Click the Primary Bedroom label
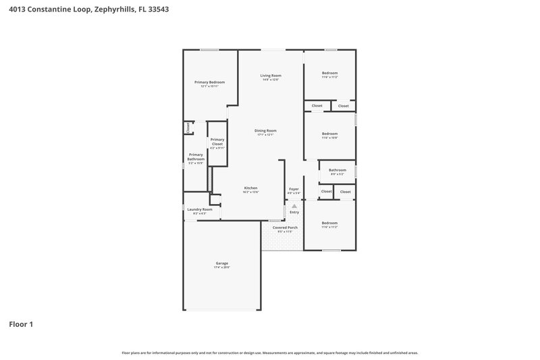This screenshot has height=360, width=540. click(209, 82)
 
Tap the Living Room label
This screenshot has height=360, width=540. click(271, 75)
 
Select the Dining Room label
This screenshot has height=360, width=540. click(265, 130)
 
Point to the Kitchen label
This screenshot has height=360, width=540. click(250, 188)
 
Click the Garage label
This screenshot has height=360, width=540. click(222, 263)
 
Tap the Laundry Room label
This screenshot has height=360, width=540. click(199, 209)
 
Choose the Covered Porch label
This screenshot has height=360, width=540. click(285, 228)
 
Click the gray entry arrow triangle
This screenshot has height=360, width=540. click(294, 206)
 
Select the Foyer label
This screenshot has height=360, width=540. click(294, 188)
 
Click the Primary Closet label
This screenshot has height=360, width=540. click(217, 141)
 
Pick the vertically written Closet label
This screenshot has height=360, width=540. click(188, 127)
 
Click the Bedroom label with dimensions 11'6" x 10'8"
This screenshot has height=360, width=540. click(329, 134)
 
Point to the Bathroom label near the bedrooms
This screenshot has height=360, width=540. click(337, 170)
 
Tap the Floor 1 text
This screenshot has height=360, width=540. click(21, 324)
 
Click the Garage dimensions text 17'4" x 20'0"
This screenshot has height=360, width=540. click(222, 267)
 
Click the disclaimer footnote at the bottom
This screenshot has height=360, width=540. click(270, 353)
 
